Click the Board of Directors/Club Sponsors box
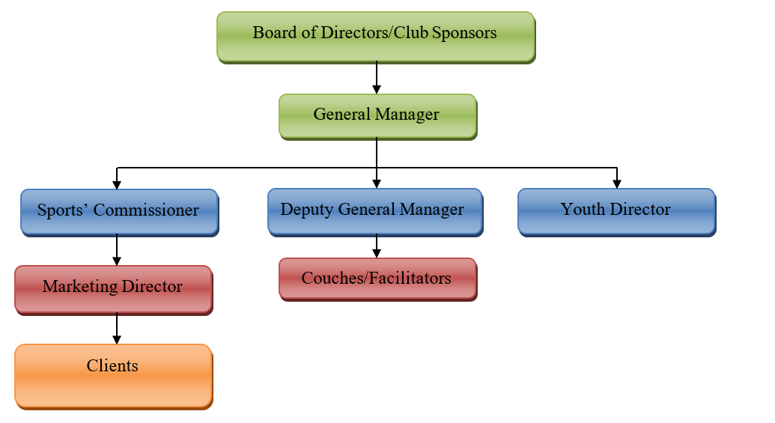tap(376, 36)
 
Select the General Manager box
tap(377, 116)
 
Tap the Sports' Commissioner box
tap(119, 211)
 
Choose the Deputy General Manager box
tap(374, 211)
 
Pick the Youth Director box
tap(616, 211)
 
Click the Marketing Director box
tap(113, 288)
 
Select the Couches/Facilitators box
tap(377, 279)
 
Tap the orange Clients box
tap(113, 376)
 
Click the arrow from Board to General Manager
tap(376, 78)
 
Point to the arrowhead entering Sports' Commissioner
tap(117, 183)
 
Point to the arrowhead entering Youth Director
tap(616, 183)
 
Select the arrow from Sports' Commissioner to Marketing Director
tap(117, 250)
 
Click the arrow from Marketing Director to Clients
tap(117, 328)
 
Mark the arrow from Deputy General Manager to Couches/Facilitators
tap(376, 246)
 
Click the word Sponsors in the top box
tap(464, 33)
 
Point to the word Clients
tap(112, 366)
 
